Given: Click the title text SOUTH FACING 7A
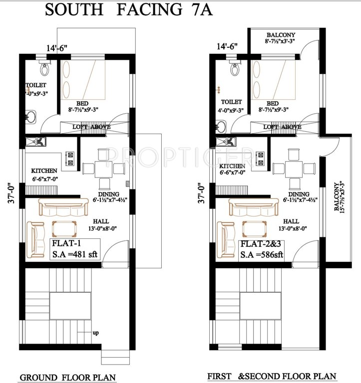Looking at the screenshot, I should (129, 9).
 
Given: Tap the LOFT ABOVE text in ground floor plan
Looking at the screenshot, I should (91, 127).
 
